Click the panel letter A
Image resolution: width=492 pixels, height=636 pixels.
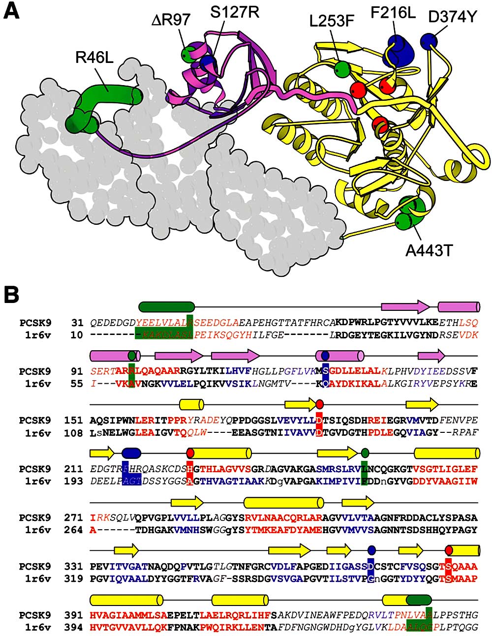coord(12,11)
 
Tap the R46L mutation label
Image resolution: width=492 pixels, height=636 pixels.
coord(94,58)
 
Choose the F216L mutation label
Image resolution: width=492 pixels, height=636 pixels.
coord(393,12)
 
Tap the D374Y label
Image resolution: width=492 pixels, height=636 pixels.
coord(453,17)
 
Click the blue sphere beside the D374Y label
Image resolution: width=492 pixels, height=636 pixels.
coord(429,41)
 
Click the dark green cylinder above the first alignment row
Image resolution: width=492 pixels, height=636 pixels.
coord(167,306)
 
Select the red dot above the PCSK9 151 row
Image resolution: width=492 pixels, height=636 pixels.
coord(320,404)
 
